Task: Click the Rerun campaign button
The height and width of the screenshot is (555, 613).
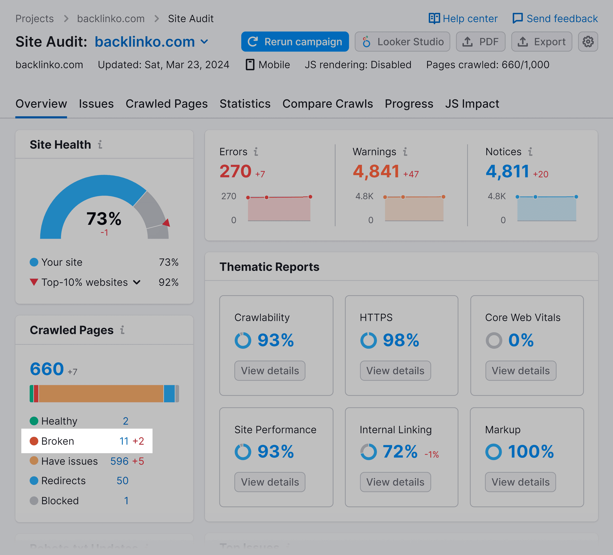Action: coord(295,42)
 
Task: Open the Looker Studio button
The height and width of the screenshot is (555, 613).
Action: coord(402,42)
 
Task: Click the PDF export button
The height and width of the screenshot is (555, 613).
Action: coord(480,42)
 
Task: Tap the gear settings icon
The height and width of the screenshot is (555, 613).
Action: coord(588,42)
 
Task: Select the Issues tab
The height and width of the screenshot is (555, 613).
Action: coord(96,104)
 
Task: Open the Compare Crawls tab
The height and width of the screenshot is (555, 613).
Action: coord(328,104)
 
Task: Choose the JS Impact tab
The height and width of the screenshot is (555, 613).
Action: coord(472,104)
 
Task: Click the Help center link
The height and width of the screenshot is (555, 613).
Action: coord(463,19)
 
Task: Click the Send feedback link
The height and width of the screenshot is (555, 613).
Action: coord(555,19)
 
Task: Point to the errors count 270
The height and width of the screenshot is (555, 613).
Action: coord(235,171)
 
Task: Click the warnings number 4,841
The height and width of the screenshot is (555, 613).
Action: coord(376,171)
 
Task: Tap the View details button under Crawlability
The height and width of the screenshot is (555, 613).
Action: coord(270,370)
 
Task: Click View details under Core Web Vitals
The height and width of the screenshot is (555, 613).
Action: coord(521,370)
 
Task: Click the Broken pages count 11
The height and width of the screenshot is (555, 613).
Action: coord(124,441)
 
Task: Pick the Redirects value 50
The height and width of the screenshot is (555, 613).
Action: coord(123,481)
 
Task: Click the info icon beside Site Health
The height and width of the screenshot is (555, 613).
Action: coord(100,145)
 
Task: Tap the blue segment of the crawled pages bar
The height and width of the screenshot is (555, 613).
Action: coord(169,393)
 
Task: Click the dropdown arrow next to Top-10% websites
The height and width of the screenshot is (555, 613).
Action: coord(137,282)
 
